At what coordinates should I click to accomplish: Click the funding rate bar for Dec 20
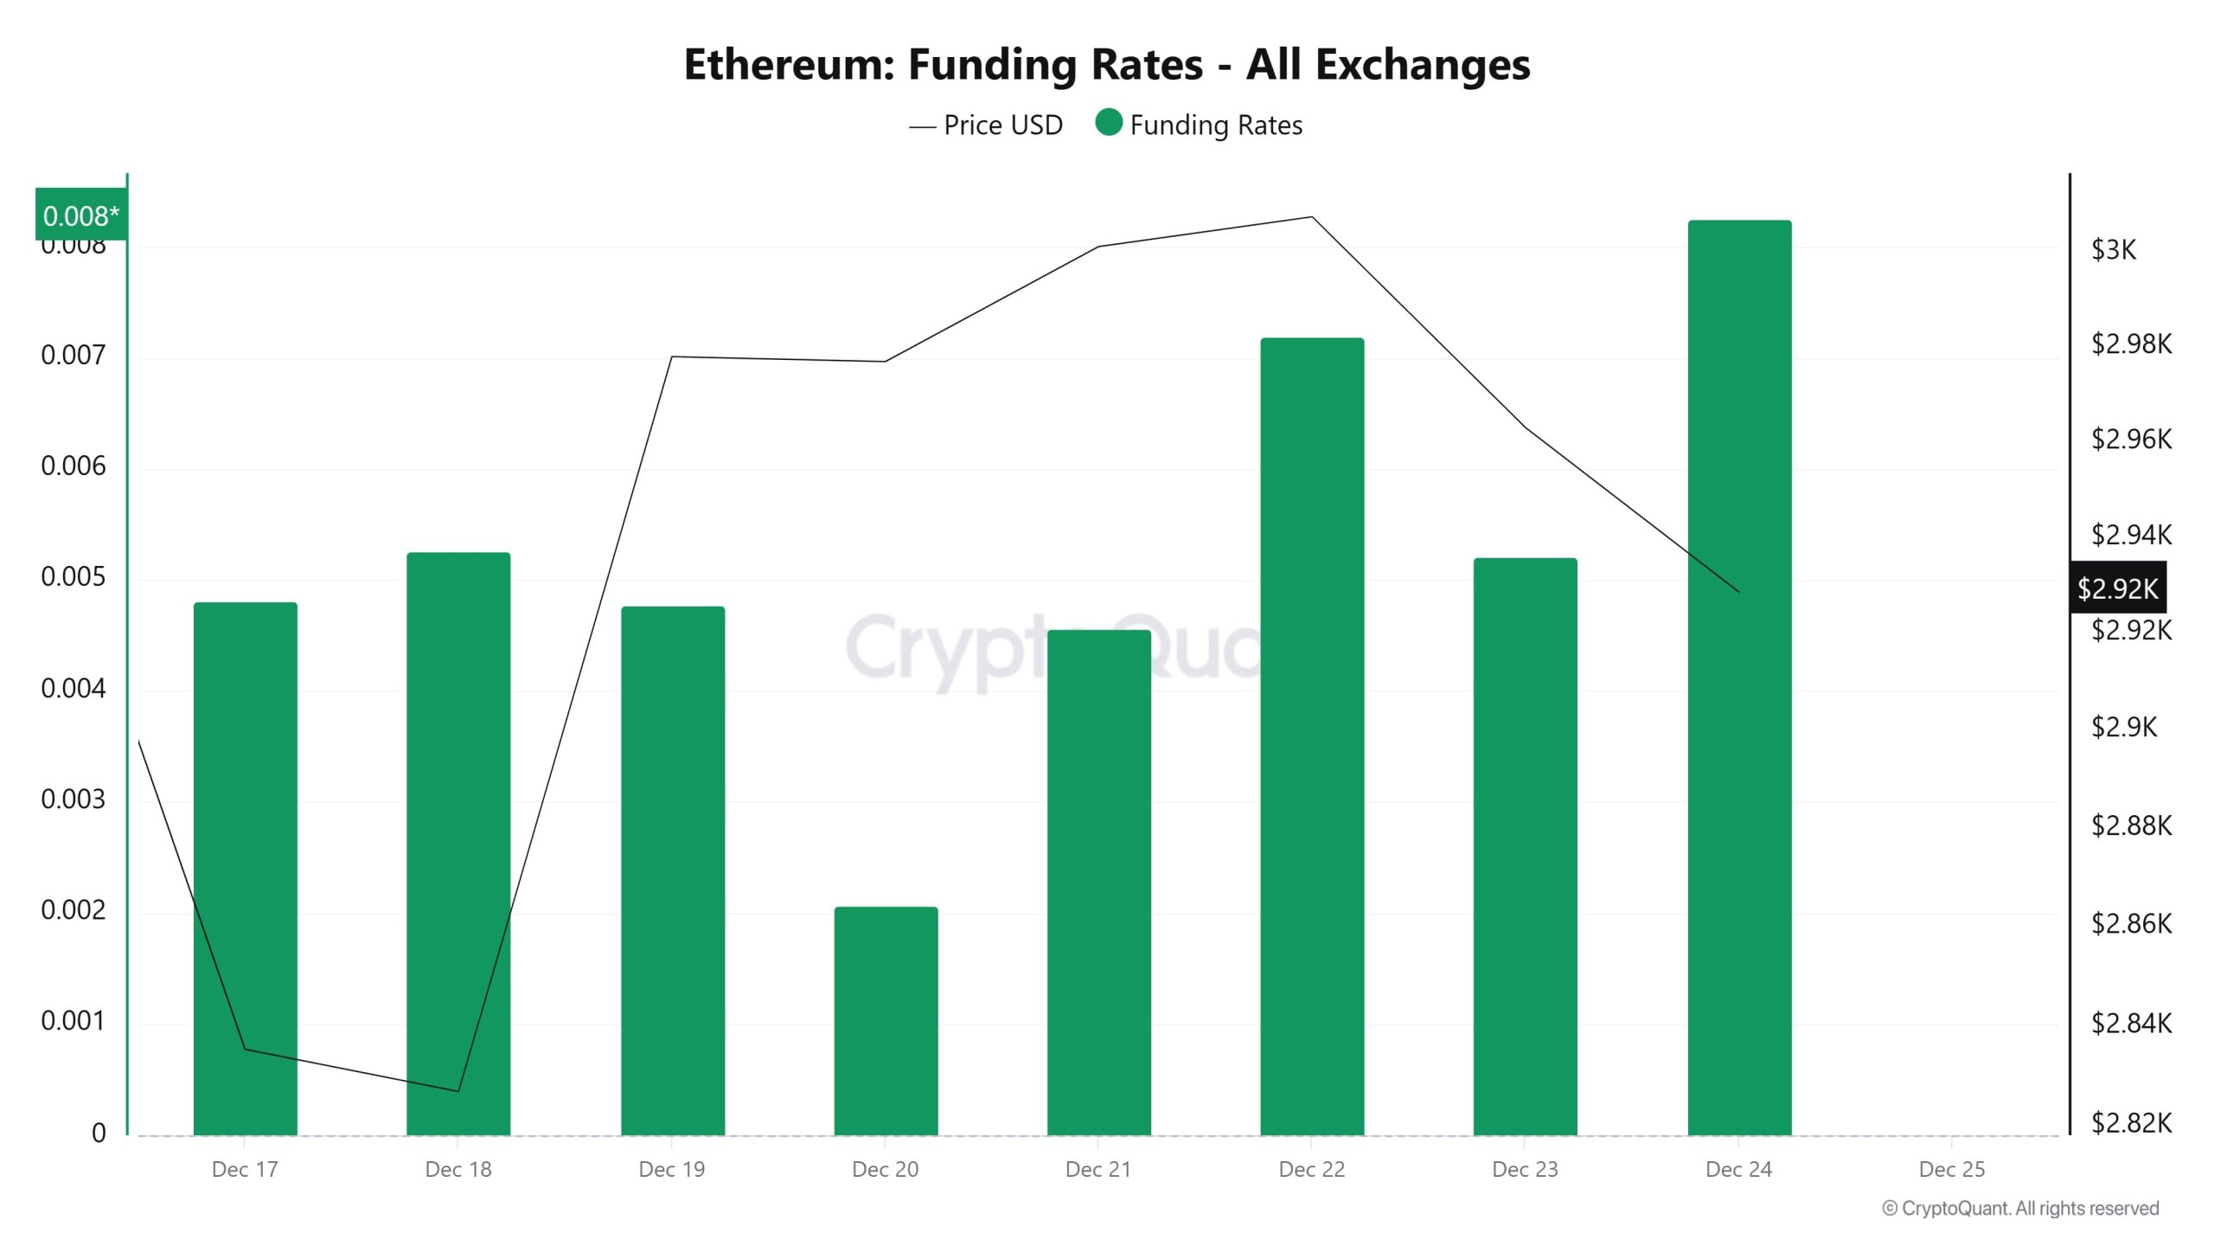886,1021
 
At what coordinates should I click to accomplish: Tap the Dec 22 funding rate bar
1312,735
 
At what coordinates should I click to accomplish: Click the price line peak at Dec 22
1312,217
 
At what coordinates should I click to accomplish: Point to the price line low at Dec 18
458,1091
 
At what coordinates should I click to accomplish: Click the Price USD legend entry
986,125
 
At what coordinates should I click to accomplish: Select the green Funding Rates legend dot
1109,123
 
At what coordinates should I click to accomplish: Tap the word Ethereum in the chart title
787,64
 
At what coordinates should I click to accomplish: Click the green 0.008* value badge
80,215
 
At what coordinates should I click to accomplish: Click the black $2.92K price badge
2116,588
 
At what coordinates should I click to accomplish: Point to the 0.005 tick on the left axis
73,577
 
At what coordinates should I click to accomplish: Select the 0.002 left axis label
73,910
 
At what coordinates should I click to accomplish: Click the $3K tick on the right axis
2113,250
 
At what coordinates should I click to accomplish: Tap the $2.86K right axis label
2130,924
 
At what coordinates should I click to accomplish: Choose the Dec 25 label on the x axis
1951,1170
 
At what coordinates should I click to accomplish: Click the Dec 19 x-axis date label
671,1170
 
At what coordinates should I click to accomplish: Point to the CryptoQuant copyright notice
2019,1209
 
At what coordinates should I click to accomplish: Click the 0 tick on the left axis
99,1134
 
